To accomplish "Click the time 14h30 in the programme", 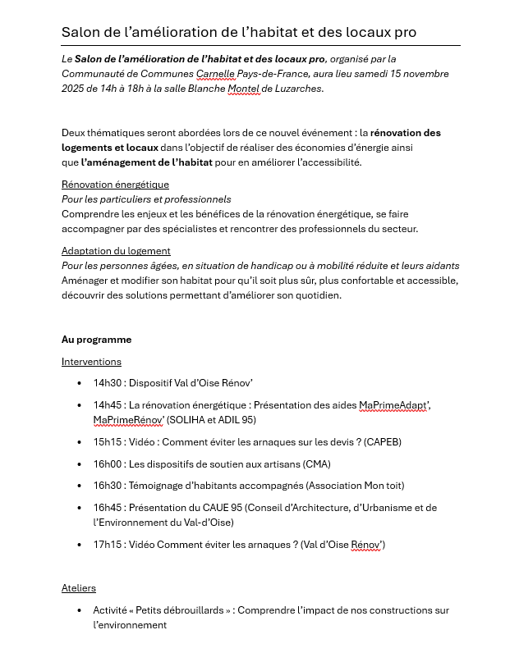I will [x=107, y=383].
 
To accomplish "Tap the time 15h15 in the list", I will [x=107, y=442].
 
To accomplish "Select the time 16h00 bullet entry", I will [x=107, y=464].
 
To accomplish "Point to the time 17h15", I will [x=107, y=545].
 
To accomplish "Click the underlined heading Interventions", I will [x=91, y=362].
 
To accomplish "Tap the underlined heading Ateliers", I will [x=79, y=588].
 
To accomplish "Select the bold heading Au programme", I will [x=96, y=340].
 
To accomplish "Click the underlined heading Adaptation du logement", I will [x=116, y=251].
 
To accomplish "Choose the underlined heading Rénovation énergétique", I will [x=115, y=185].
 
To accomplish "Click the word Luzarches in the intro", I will [x=298, y=89].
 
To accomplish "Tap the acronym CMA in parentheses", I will [x=316, y=464].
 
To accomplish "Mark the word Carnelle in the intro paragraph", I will [x=216, y=74].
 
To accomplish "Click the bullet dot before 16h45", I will [x=80, y=509].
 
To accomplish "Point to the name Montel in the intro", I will [x=243, y=89].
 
